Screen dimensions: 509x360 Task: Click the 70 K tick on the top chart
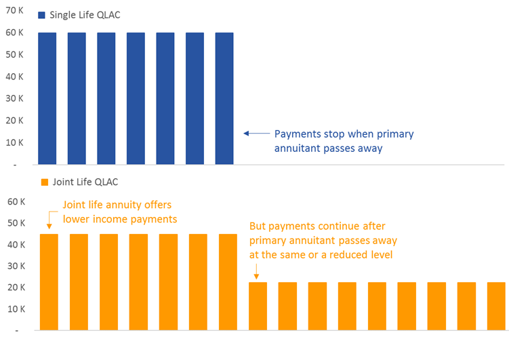click(14, 10)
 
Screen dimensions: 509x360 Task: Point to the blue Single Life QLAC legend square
click(41, 15)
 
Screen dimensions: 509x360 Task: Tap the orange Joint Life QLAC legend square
click(45, 182)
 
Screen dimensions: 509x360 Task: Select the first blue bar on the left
click(47, 98)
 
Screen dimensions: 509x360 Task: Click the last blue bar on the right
click(224, 98)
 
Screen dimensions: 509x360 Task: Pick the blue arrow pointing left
click(256, 133)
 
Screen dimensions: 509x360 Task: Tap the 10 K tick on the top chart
click(14, 142)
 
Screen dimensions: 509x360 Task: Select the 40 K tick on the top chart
click(14, 77)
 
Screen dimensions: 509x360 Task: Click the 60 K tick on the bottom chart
click(16, 201)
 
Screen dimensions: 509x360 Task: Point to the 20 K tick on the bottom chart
click(16, 287)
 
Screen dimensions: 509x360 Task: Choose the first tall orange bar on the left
click(49, 282)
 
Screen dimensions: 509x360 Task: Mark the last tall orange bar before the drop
click(228, 282)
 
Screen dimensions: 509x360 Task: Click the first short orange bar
click(258, 306)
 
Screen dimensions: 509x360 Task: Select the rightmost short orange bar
click(496, 306)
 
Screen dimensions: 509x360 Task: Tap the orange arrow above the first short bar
click(256, 271)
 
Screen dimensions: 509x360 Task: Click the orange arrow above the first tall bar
click(49, 220)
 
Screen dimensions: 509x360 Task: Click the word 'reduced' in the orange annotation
click(349, 255)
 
